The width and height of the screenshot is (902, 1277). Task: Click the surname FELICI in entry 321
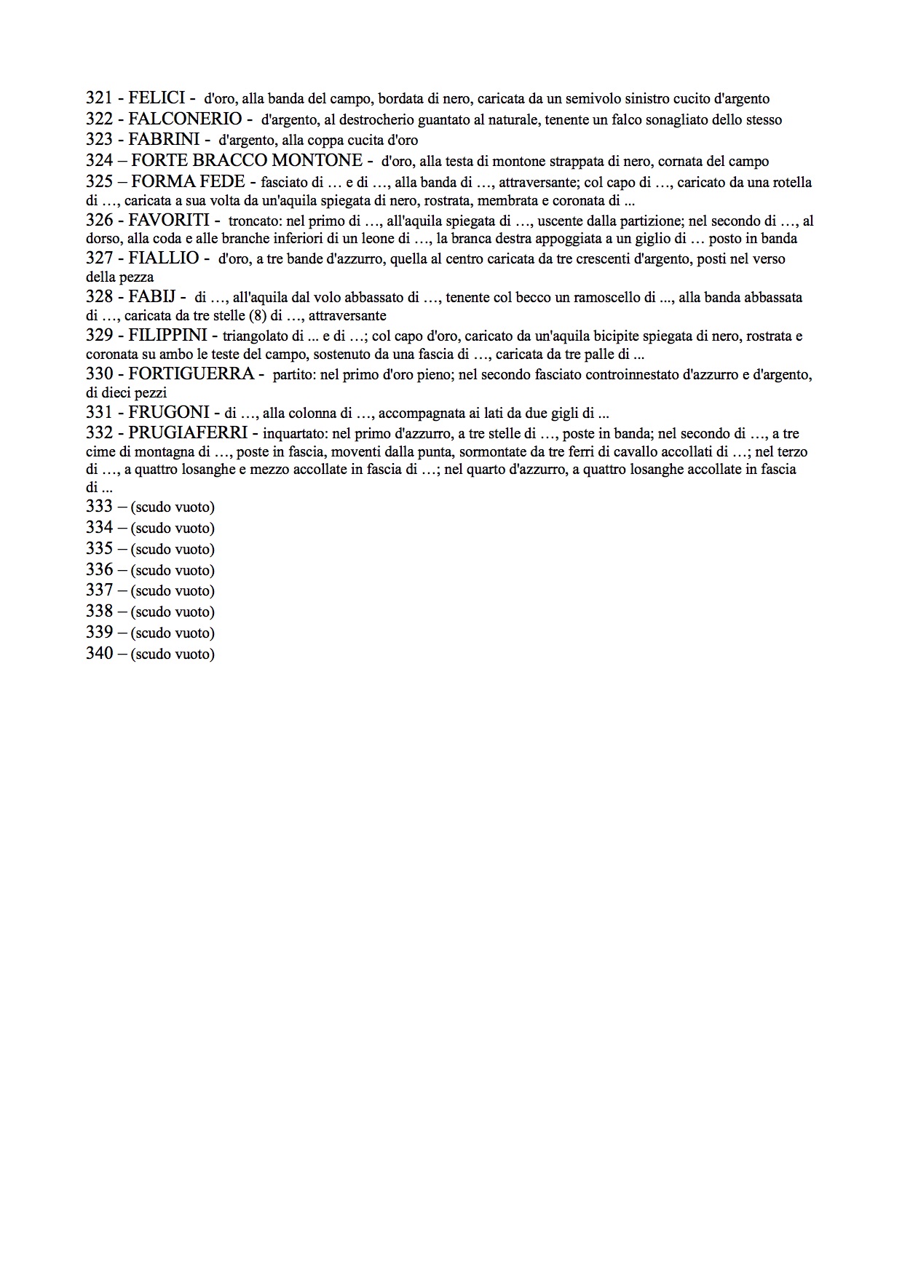tap(157, 98)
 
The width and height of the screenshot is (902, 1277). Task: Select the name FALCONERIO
tap(185, 119)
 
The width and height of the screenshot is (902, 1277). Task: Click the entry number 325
tap(100, 182)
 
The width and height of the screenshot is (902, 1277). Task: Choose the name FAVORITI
tap(169, 220)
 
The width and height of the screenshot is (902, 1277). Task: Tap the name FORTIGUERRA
tap(191, 374)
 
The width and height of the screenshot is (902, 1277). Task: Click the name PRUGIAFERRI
tap(188, 433)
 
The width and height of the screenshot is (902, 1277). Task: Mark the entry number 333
tap(100, 507)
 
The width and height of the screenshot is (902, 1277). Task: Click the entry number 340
tap(100, 654)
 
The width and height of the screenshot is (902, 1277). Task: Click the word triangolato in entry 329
tap(256, 336)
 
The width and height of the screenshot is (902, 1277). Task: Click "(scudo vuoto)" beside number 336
tap(173, 570)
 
